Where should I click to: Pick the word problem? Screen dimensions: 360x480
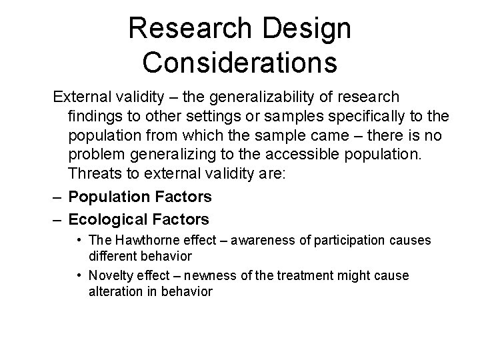pos(97,157)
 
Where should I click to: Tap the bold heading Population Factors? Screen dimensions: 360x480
pos(140,197)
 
